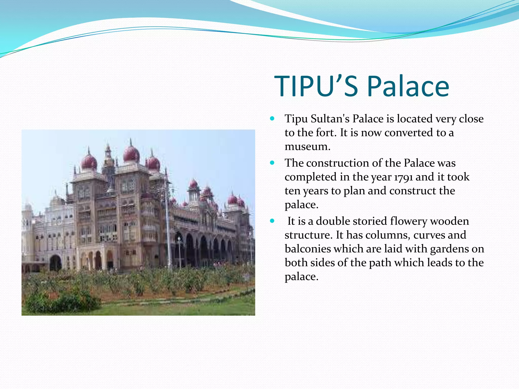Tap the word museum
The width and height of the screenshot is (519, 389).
(x=307, y=146)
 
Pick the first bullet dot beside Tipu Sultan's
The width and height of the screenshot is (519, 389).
(x=272, y=118)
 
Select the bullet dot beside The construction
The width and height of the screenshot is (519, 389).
(x=272, y=163)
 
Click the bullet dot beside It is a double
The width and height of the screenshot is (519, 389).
(x=272, y=221)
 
